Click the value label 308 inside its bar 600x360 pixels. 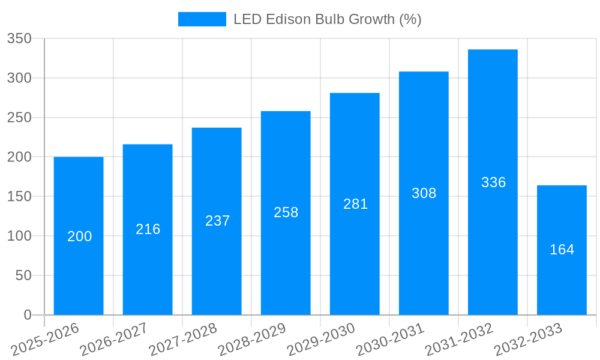coord(424,193)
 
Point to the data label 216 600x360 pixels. coord(148,229)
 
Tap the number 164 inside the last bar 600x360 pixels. coord(562,250)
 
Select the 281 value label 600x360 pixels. coord(355,204)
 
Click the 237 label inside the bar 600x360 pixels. coord(217,221)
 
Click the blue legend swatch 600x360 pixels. coord(202,19)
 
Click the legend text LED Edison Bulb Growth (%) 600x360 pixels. coord(327,19)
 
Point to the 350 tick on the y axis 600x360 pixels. coord(19,38)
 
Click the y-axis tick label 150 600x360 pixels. coord(19,196)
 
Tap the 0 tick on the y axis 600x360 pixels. coord(27,315)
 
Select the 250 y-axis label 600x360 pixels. coord(19,118)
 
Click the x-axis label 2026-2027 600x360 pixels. coord(114,340)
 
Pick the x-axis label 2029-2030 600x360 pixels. coord(322,340)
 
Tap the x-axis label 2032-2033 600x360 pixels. coord(529,340)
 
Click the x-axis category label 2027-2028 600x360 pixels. coord(183,340)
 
